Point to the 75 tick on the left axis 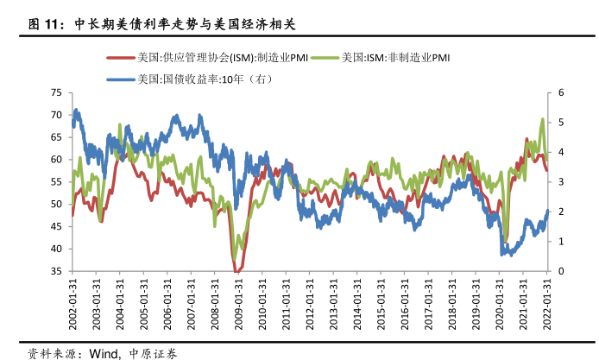point(56,92)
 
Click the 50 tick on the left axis point(56,204)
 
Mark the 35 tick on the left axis point(56,271)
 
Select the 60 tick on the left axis point(56,160)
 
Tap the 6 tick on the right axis point(561,92)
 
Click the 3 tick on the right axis point(561,182)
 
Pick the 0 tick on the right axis point(561,271)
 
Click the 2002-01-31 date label point(73,303)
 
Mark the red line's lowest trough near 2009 point(236,272)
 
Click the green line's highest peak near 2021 point(542,119)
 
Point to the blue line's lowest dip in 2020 point(504,256)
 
